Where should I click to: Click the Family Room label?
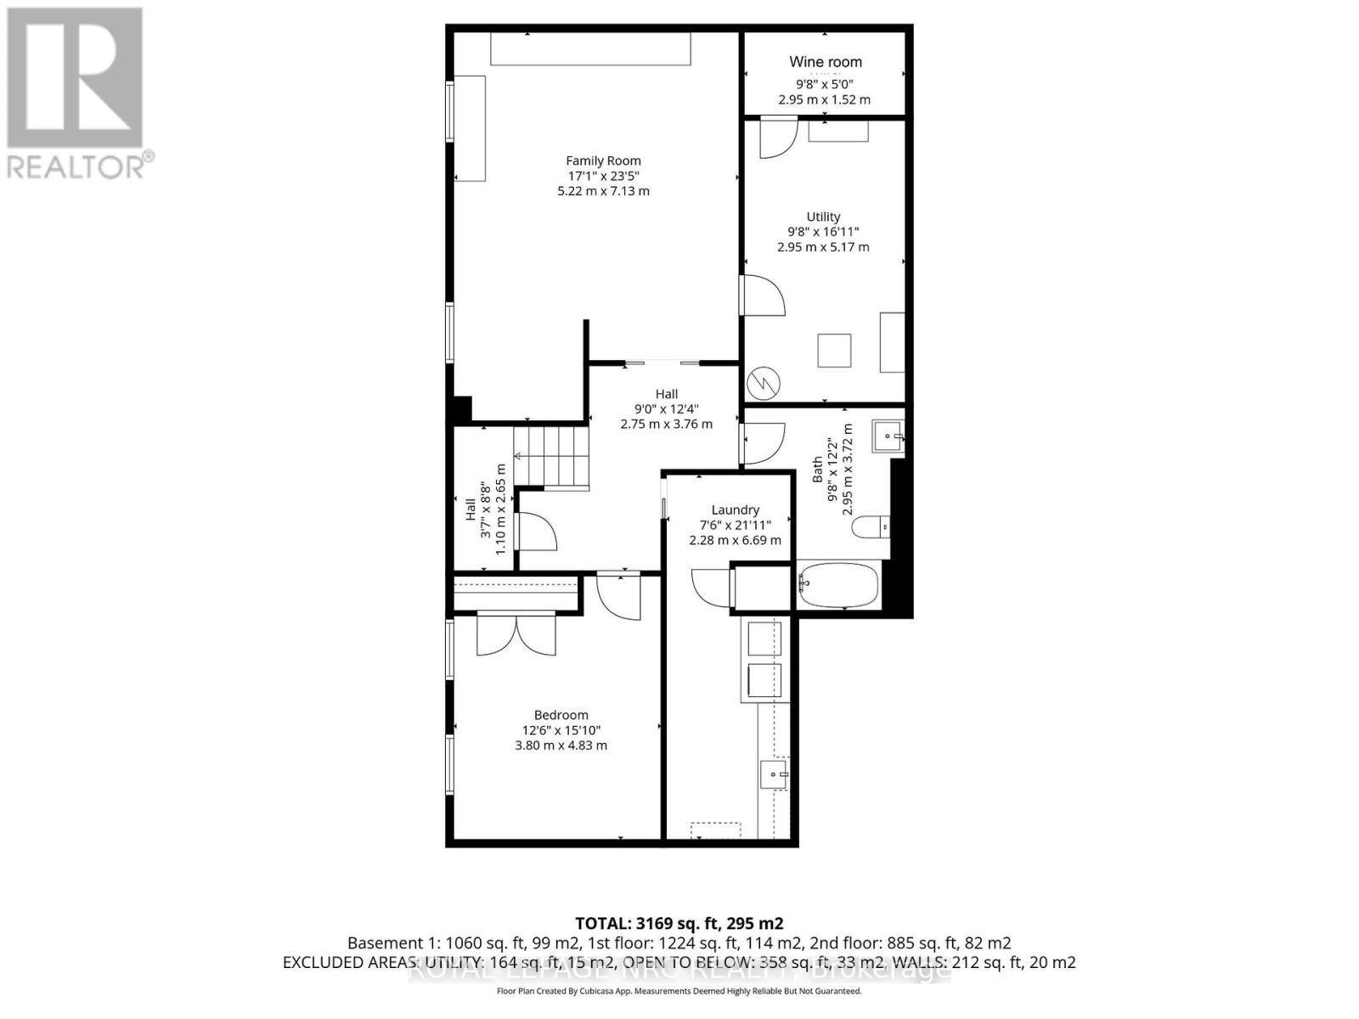pos(603,160)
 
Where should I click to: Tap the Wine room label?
pos(825,62)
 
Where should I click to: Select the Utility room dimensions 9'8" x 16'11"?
pos(823,232)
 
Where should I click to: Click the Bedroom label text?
pos(561,715)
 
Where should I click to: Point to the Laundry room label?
pos(735,509)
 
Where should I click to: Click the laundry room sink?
pos(774,774)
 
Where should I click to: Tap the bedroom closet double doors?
pos(516,635)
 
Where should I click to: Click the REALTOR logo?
pos(76,93)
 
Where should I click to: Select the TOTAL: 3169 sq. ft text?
pos(679,923)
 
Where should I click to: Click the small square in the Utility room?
pos(834,351)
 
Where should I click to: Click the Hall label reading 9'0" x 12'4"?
pos(666,408)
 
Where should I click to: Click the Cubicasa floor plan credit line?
pos(679,991)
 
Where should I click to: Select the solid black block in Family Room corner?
pos(461,409)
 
